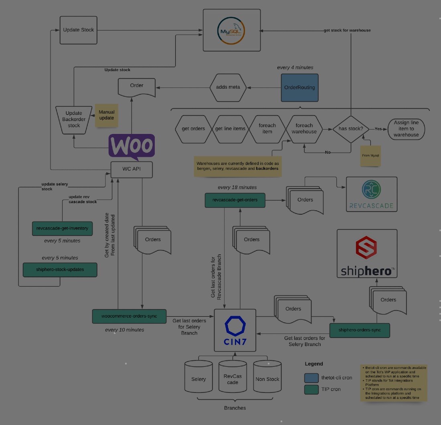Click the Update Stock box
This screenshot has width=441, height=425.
click(79, 30)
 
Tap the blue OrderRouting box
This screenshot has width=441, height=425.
click(299, 87)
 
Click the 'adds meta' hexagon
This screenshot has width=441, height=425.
click(228, 87)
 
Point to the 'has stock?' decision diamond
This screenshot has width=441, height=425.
click(351, 129)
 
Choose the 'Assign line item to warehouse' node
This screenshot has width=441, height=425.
click(406, 129)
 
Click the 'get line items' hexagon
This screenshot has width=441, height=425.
click(230, 129)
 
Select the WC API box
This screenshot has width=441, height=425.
click(131, 169)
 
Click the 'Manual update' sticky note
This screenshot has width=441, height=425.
click(106, 115)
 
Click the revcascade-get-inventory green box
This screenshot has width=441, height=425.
click(62, 228)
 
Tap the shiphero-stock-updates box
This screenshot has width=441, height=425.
click(60, 270)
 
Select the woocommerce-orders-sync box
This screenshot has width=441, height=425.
click(129, 316)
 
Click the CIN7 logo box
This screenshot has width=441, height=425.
click(235, 331)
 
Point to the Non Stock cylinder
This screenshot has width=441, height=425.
click(267, 376)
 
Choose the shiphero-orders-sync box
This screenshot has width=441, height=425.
click(359, 330)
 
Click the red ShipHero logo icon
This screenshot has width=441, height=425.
click(366, 248)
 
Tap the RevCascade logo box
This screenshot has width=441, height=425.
click(371, 195)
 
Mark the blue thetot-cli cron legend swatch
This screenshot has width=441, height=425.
click(312, 378)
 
